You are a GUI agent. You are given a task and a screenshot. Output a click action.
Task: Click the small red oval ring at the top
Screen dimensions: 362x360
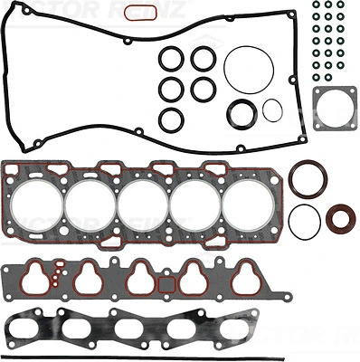click(135, 13)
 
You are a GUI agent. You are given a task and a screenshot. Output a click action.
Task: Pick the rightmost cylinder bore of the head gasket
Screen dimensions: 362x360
click(245, 204)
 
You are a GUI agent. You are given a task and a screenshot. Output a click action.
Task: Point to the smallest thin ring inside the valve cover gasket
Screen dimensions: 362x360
click(272, 110)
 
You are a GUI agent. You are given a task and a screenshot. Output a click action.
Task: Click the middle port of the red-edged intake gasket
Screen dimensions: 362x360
click(141, 278)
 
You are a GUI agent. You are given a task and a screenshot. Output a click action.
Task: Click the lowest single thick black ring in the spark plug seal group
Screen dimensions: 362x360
click(171, 119)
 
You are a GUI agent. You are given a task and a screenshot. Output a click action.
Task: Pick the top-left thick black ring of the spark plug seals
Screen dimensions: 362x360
click(171, 59)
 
